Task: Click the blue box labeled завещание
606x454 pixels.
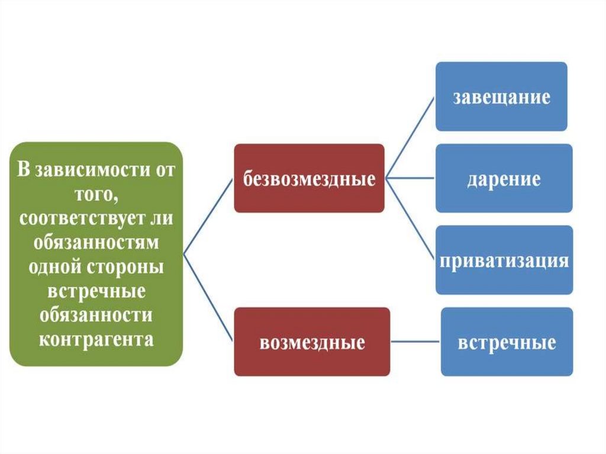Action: [x=501, y=96]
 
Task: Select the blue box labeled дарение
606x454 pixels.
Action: [x=504, y=178]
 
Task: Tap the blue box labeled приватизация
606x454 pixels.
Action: [x=504, y=260]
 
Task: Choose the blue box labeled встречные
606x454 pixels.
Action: [x=507, y=342]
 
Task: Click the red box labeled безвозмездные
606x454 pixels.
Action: [x=309, y=178]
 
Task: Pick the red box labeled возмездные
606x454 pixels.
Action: [x=312, y=342]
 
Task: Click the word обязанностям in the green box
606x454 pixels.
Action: [x=96, y=243]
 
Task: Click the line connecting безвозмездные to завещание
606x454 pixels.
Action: [x=410, y=136]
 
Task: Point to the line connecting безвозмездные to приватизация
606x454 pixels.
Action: [x=410, y=217]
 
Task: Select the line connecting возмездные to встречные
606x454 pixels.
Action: [x=415, y=342]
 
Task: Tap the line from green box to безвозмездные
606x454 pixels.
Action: [x=208, y=216]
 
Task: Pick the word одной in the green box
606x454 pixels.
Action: [x=55, y=266]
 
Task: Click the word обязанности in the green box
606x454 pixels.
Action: [x=96, y=315]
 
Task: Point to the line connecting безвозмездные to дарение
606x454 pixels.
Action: [x=410, y=177]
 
